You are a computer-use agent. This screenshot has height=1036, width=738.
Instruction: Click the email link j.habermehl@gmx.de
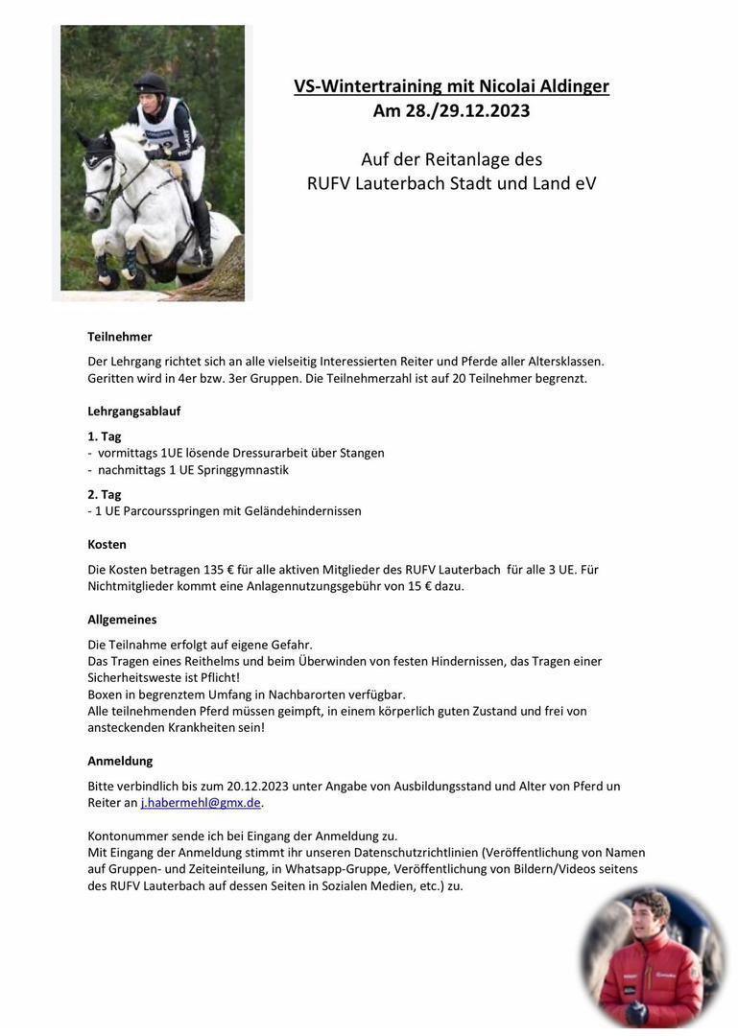coord(201,803)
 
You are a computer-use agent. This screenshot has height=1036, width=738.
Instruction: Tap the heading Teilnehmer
coord(120,337)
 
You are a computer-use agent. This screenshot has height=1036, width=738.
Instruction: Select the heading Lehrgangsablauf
coord(133,411)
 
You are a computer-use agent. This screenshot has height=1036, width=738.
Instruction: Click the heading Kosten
coord(107,544)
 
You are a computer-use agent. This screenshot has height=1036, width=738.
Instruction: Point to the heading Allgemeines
coord(122,620)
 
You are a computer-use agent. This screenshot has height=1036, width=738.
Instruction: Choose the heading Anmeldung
coord(120,761)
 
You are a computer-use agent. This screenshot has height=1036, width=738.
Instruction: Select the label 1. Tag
coord(104,436)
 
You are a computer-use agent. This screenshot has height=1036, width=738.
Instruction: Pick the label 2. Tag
coord(104,494)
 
